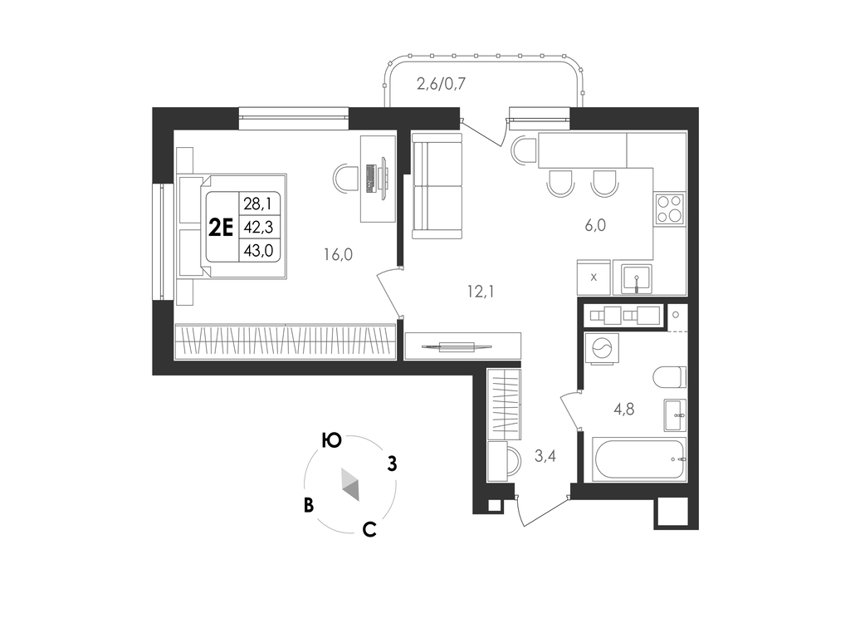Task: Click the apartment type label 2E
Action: click(221, 228)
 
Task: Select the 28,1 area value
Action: click(257, 204)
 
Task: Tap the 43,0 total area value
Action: click(258, 251)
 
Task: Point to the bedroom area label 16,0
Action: click(338, 254)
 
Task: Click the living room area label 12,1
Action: click(481, 292)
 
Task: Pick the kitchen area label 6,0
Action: click(595, 225)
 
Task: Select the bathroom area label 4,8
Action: click(624, 409)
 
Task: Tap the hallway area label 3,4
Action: click(545, 456)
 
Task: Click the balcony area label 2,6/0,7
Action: click(441, 84)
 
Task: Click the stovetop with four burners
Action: click(670, 209)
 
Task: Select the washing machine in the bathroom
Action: click(602, 348)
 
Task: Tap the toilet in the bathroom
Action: click(670, 377)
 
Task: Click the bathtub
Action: click(639, 459)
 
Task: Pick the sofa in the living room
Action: click(437, 185)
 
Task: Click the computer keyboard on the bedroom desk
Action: click(371, 179)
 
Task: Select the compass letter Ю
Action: click(331, 440)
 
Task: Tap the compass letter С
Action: click(369, 529)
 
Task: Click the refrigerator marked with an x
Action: click(594, 277)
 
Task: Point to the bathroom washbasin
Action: click(675, 415)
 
